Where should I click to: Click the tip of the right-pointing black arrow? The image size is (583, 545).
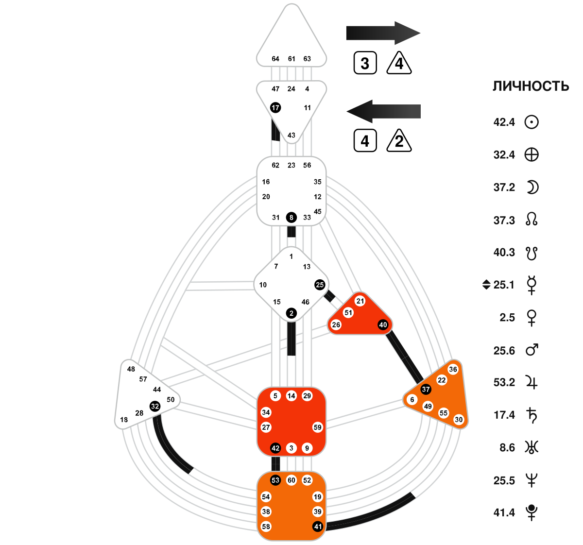pyautogui.click(x=420, y=33)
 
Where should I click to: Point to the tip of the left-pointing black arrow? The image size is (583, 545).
pyautogui.click(x=347, y=111)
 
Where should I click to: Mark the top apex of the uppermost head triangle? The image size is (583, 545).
pyautogui.click(x=291, y=4)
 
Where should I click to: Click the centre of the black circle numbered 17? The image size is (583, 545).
pyautogui.click(x=275, y=108)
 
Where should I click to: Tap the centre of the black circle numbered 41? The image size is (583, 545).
pyautogui.click(x=318, y=527)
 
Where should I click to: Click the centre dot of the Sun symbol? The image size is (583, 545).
pyautogui.click(x=532, y=122)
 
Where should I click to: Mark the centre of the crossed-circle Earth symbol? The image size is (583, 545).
pyautogui.click(x=532, y=155)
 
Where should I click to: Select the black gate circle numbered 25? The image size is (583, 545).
pyautogui.click(x=320, y=285)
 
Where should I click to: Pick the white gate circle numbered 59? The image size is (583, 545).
pyautogui.click(x=318, y=427)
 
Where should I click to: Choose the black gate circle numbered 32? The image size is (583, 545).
pyautogui.click(x=154, y=407)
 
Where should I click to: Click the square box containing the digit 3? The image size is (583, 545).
pyautogui.click(x=365, y=63)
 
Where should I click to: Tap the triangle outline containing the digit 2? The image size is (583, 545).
pyautogui.click(x=399, y=141)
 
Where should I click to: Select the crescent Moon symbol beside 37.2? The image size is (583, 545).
pyautogui.click(x=532, y=187)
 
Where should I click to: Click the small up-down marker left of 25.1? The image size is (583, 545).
pyautogui.click(x=486, y=285)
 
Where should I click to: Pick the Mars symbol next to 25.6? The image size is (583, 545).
pyautogui.click(x=532, y=350)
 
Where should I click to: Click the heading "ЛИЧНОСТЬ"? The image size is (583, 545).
pyautogui.click(x=531, y=86)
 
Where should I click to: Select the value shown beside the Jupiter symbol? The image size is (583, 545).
pyautogui.click(x=504, y=382)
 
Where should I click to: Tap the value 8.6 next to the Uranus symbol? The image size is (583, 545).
pyautogui.click(x=507, y=447)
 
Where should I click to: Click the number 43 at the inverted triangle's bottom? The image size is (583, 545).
pyautogui.click(x=291, y=135)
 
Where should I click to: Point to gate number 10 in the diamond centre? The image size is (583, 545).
pyautogui.click(x=263, y=285)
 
